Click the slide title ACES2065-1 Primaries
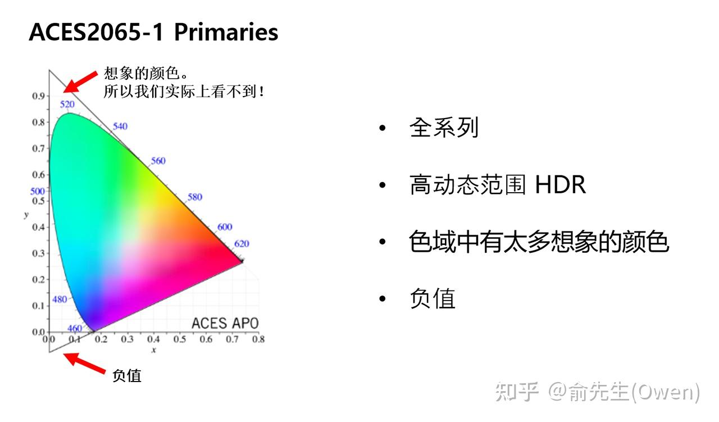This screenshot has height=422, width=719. [153, 33]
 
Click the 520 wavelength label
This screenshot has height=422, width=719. [67, 105]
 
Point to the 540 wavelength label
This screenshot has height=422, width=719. [120, 126]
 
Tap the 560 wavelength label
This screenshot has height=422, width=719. [158, 161]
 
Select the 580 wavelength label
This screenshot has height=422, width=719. [195, 197]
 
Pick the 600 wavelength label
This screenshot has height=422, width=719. [225, 227]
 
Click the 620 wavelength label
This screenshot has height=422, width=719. [242, 244]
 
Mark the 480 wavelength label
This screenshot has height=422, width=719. [60, 300]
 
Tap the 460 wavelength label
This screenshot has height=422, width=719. [74, 329]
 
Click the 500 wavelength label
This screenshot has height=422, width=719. [37, 192]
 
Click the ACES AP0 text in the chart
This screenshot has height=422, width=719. [225, 323]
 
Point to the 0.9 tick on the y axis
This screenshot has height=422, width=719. [38, 96]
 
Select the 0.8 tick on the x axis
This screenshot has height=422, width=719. [258, 339]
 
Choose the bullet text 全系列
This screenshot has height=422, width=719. [444, 128]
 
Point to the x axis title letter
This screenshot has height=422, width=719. [153, 350]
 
